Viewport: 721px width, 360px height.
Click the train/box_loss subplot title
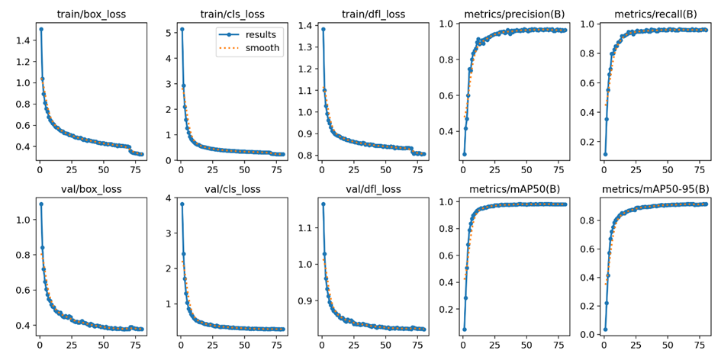91,14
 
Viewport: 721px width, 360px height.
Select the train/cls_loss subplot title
232,14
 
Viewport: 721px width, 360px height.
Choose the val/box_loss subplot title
91,189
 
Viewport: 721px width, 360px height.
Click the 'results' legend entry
249,35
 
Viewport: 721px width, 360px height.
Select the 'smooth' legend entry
249,47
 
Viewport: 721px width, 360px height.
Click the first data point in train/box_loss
41,29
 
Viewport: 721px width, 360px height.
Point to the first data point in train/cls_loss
182,29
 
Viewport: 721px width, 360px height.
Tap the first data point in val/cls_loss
182,204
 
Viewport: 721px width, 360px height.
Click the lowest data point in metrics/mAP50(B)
465,329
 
